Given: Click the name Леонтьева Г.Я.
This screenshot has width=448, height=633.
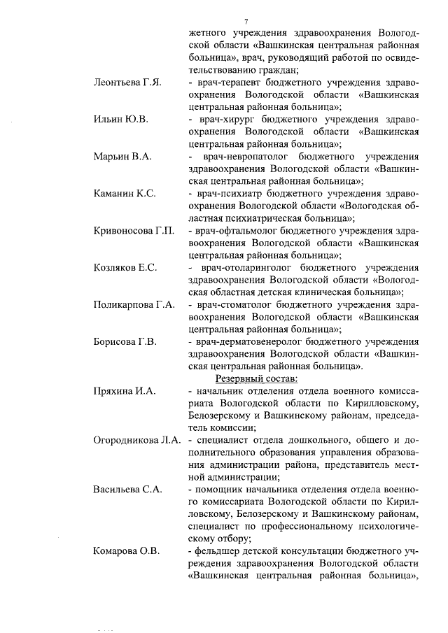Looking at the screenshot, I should pyautogui.click(x=128, y=83).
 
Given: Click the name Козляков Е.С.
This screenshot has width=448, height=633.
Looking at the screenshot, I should pyautogui.click(x=125, y=268).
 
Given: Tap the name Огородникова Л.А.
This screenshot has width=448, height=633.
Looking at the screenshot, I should pyautogui.click(x=136, y=440).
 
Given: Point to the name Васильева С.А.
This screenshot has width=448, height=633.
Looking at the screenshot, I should pyautogui.click(x=127, y=490).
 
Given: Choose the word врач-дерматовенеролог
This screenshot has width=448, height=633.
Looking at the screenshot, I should pyautogui.click(x=246, y=342).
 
